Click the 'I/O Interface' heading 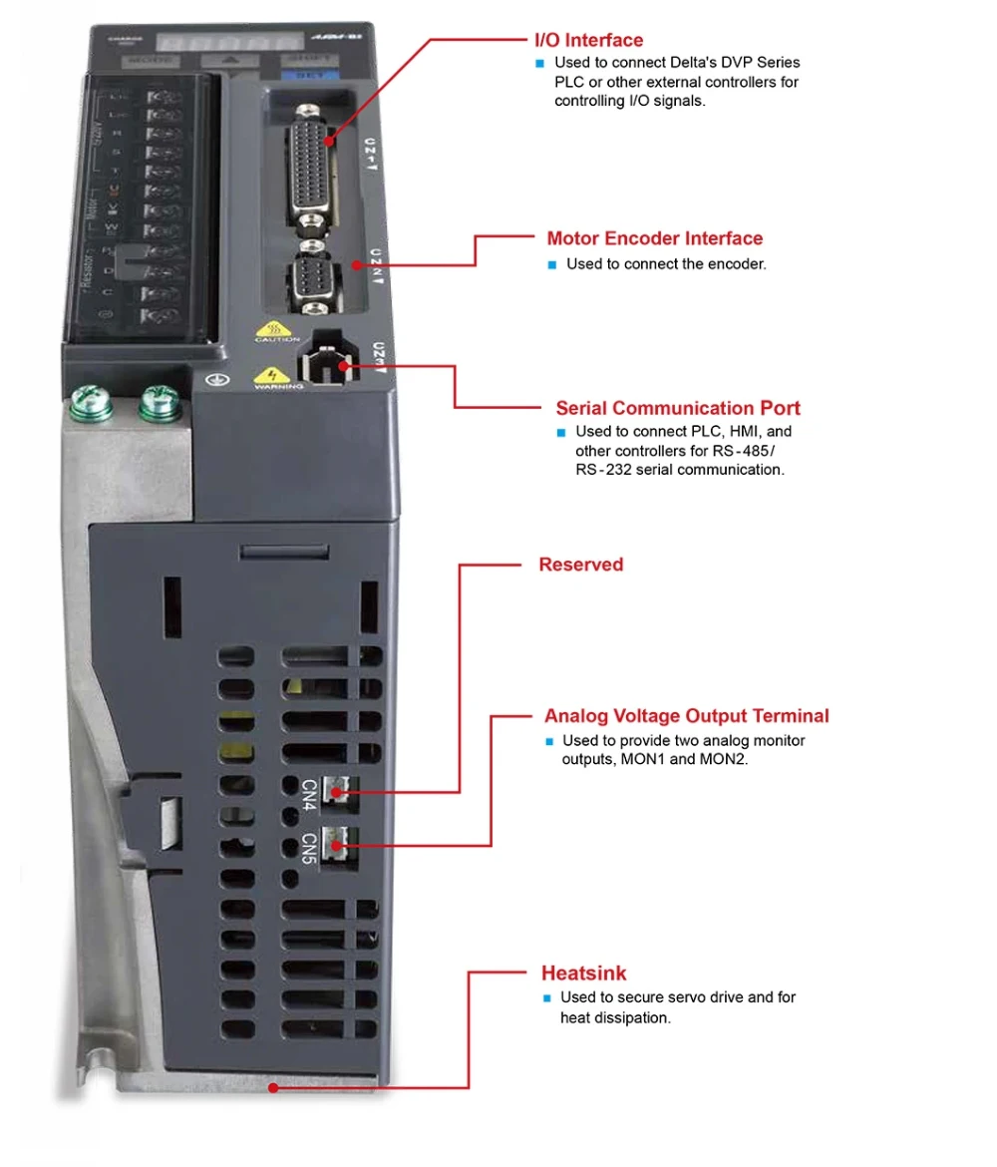coord(589,41)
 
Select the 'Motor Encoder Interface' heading coord(654,238)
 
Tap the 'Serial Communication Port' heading coord(678,408)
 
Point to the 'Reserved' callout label coord(580,565)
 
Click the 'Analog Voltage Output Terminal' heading coord(686,716)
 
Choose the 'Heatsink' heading coord(583,973)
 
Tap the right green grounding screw coord(157,402)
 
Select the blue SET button coord(309,73)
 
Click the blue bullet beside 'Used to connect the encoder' coord(551,265)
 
